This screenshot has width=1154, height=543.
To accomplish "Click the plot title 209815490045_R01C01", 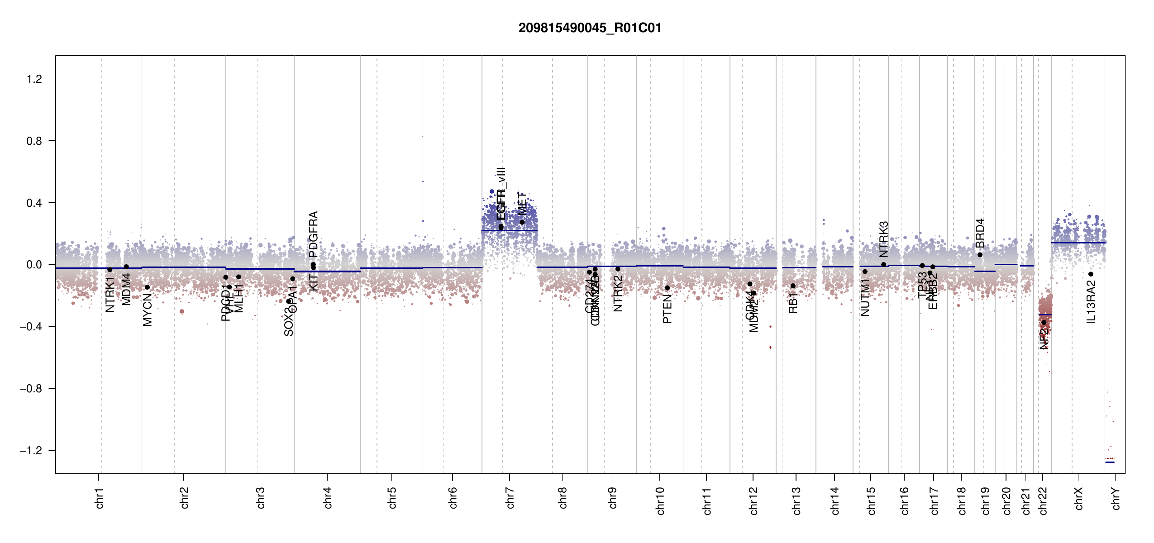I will (x=590, y=28).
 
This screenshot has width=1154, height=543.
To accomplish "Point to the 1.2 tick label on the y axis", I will (x=34, y=79).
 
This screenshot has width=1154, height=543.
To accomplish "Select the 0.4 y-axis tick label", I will (x=34, y=203).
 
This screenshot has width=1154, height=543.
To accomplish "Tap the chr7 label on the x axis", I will (x=510, y=498).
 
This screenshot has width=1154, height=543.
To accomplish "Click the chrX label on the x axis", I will (x=1078, y=498).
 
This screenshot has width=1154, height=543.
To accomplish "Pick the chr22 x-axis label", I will (x=1043, y=500).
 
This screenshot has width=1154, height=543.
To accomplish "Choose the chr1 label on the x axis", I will (x=99, y=498).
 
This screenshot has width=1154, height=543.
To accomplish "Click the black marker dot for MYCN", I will (x=147, y=287).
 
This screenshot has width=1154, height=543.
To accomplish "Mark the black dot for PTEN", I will (x=667, y=288).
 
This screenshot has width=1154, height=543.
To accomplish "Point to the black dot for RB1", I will (x=793, y=286).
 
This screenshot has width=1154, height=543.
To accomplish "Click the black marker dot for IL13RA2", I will (x=1091, y=274).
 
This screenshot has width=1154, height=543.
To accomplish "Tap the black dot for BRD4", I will (x=980, y=255).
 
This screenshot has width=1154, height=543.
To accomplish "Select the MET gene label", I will (x=522, y=204).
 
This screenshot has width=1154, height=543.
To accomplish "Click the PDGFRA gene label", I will (x=313, y=233).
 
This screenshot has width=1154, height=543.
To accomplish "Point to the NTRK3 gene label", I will (x=883, y=239).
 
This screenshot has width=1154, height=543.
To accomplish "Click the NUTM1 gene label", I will (x=865, y=297).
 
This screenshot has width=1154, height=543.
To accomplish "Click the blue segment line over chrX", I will (x=1078, y=243).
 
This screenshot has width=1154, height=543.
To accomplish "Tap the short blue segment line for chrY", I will (x=1110, y=462).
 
